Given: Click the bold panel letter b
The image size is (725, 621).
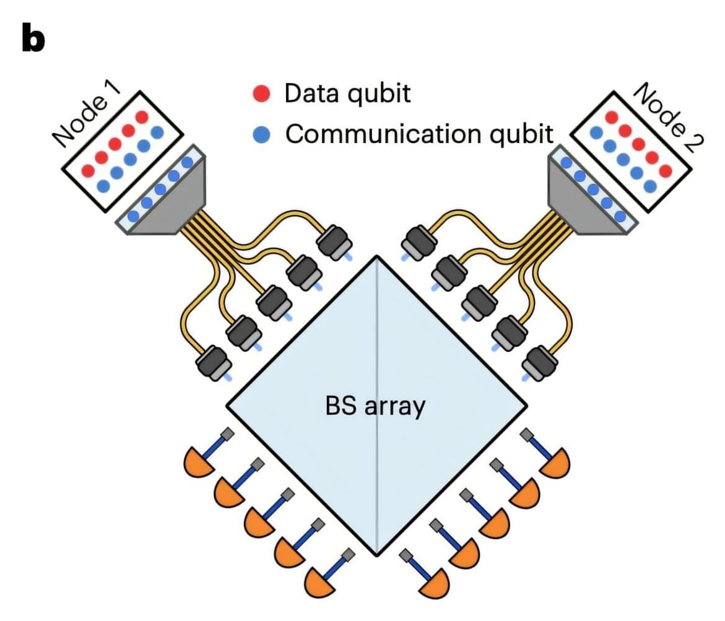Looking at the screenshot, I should coord(33,39).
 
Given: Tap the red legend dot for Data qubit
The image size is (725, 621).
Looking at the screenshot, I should coord(262,93).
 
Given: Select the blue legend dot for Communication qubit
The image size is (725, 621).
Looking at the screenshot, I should coord(262,134).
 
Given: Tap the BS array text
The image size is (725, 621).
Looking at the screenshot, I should coord(375,407).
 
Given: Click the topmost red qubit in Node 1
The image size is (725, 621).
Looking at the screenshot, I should coord(142,117).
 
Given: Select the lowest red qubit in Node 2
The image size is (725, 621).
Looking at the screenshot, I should coord(666,170).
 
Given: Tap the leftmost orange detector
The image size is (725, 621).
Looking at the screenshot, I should coord(197,461).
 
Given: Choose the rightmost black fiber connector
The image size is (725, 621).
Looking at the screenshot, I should coord(539,363).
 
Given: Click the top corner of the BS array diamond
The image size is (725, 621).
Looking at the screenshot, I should coord(376,256).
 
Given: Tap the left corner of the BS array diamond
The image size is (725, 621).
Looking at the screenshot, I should coord(227,406).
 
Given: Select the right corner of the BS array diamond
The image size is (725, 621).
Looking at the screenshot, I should coord(526,406).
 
